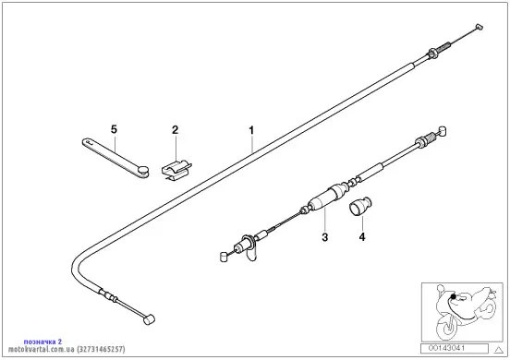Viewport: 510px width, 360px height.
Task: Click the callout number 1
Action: pos(251,130)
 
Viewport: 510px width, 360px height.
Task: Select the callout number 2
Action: pos(175,130)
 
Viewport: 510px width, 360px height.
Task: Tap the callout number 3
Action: pos(325,237)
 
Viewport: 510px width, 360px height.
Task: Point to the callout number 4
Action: pos(362,237)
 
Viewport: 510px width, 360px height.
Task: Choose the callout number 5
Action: pos(114,129)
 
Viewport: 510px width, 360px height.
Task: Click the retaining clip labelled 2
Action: pos(176,170)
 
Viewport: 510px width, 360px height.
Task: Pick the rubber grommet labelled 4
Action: pos(360,206)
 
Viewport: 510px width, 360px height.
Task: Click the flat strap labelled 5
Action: pos(115,158)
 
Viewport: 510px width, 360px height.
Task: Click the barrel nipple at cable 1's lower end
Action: pos(149,319)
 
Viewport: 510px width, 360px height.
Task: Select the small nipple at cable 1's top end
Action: pos(480,27)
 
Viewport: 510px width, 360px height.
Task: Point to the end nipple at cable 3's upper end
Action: pos(442,131)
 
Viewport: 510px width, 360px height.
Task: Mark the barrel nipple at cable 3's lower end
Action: pos(224,257)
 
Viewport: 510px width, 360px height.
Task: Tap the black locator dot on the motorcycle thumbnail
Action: pos(453,296)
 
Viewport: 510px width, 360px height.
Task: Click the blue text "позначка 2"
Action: pos(42,342)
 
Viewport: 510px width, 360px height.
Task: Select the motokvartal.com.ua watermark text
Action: pos(67,349)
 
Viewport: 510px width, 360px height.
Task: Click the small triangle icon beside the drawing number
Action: pos(499,350)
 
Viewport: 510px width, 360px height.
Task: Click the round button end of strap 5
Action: pos(143,170)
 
